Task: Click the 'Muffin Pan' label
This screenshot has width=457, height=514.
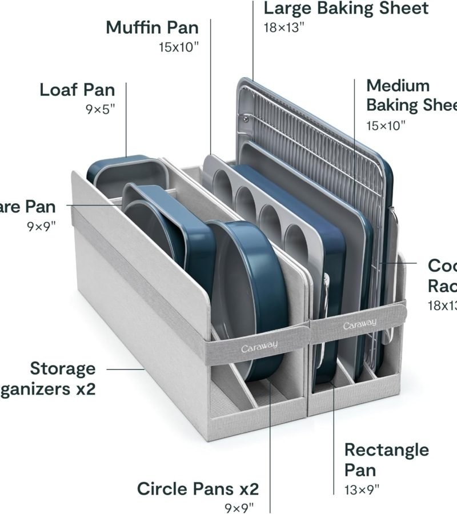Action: [x=152, y=27]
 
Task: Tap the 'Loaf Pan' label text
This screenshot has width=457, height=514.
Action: [x=77, y=90]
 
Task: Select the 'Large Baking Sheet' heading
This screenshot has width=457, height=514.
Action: [x=346, y=9]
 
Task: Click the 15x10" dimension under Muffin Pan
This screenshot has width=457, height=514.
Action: [x=179, y=47]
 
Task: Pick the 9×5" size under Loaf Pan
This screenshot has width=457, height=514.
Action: [x=101, y=109]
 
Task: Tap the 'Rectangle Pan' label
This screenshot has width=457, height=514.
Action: [x=386, y=459]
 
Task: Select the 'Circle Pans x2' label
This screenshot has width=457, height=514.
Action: [x=198, y=489]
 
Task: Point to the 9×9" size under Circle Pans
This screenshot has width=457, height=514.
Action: [x=239, y=508]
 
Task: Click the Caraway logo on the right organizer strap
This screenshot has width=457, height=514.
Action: [x=359, y=325]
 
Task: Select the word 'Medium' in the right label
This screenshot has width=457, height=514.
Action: [x=398, y=86]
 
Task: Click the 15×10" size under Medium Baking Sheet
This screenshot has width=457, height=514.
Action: [x=386, y=125]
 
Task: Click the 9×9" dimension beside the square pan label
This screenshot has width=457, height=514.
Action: [x=41, y=226]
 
